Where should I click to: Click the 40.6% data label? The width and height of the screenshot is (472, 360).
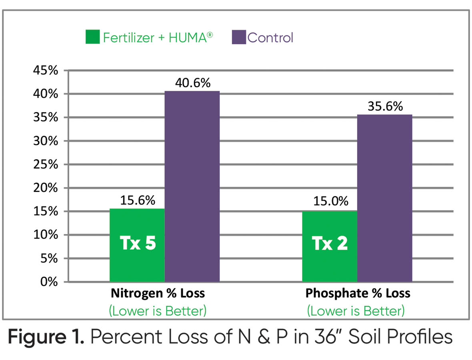[x=192, y=84]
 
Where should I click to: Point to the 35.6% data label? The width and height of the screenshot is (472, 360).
[x=384, y=107]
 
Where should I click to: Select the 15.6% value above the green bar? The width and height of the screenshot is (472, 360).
[x=137, y=201]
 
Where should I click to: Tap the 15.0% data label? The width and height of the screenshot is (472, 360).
[x=330, y=202]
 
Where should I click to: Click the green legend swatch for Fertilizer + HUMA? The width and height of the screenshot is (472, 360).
[x=92, y=38]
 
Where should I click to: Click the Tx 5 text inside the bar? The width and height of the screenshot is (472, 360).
[x=138, y=244]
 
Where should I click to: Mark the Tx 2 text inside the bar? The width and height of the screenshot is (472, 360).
[x=330, y=244]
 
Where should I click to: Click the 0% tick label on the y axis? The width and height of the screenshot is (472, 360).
[x=50, y=282]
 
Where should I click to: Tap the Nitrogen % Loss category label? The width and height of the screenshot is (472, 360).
[x=158, y=294]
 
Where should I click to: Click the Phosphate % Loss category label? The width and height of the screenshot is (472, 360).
[x=358, y=294]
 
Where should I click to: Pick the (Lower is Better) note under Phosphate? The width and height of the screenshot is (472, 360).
[x=356, y=311]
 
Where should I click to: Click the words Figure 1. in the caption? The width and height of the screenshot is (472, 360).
[x=46, y=337]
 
